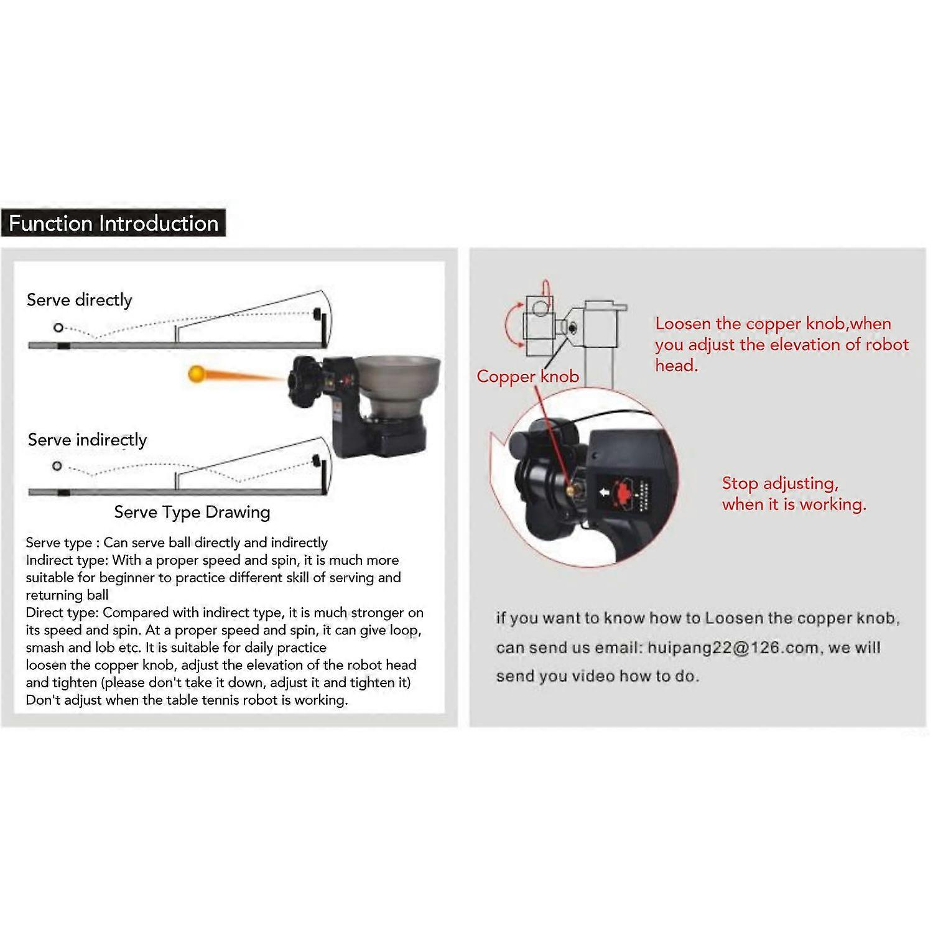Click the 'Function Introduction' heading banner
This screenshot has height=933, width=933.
point(113,223)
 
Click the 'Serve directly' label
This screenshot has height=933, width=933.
point(80,300)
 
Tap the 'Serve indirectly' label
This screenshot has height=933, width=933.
point(87,440)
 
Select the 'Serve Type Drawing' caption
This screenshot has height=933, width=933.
point(192,512)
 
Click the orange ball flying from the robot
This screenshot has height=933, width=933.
point(197,374)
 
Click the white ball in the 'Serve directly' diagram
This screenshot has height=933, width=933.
point(58,327)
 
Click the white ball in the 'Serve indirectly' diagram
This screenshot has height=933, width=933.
point(57,466)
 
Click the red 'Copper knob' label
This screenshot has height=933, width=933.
point(528,376)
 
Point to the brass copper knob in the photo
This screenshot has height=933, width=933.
point(570,489)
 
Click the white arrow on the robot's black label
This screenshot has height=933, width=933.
point(603,493)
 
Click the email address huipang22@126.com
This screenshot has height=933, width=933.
point(733,648)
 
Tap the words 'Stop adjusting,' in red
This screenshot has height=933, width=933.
point(781,483)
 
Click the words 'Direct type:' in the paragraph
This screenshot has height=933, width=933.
point(62,613)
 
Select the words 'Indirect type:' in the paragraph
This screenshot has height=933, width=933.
point(67,560)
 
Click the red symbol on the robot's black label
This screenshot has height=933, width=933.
point(623,490)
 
